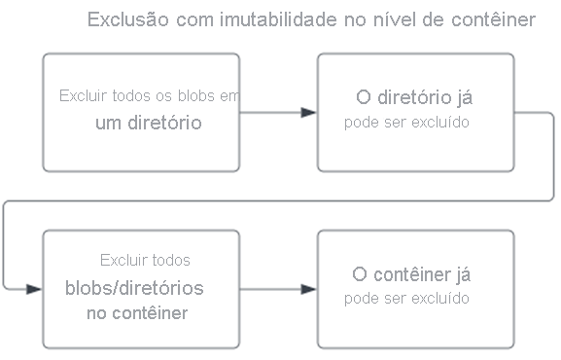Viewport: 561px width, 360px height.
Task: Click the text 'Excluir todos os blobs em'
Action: point(149,96)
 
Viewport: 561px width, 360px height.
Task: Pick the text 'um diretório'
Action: point(149,123)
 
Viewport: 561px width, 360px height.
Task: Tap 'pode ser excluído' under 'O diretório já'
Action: point(407,123)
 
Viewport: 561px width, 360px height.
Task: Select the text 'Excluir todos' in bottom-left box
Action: point(145,261)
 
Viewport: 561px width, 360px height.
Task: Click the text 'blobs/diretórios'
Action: point(134,288)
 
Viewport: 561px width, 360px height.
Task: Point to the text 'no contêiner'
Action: point(137,313)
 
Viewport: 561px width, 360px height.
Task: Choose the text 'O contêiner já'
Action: point(415,274)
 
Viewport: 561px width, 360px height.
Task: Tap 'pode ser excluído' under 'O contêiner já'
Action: point(407,298)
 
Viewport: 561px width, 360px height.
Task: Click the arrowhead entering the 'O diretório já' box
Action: point(308,113)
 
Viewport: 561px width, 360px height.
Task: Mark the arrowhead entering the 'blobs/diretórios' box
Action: point(34,289)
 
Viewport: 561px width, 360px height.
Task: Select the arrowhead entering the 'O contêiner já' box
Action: point(308,289)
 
